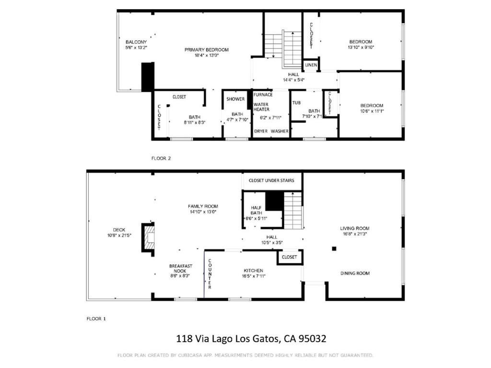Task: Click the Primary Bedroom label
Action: coord(206,49)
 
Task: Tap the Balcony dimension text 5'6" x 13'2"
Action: coord(136,47)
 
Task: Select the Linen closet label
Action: coord(311,65)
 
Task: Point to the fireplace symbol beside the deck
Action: coord(148,237)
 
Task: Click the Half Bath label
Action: coord(256,210)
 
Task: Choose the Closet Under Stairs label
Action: coord(271,180)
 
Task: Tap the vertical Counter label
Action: coord(210,273)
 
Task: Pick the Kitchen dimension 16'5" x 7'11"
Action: coord(254,276)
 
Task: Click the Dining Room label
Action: coord(355,273)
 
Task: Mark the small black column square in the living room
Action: coord(334,249)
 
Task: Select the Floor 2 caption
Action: coord(161,158)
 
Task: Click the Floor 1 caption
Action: coord(96,319)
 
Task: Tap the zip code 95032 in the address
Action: coord(313,339)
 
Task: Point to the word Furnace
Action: coord(263,95)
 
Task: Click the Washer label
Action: coord(280,131)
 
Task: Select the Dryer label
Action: coord(261,131)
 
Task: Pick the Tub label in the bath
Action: coord(296,103)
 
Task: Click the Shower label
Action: coord(235,99)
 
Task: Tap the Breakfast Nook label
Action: coord(181,268)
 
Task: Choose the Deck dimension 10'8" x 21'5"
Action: coord(119,235)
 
